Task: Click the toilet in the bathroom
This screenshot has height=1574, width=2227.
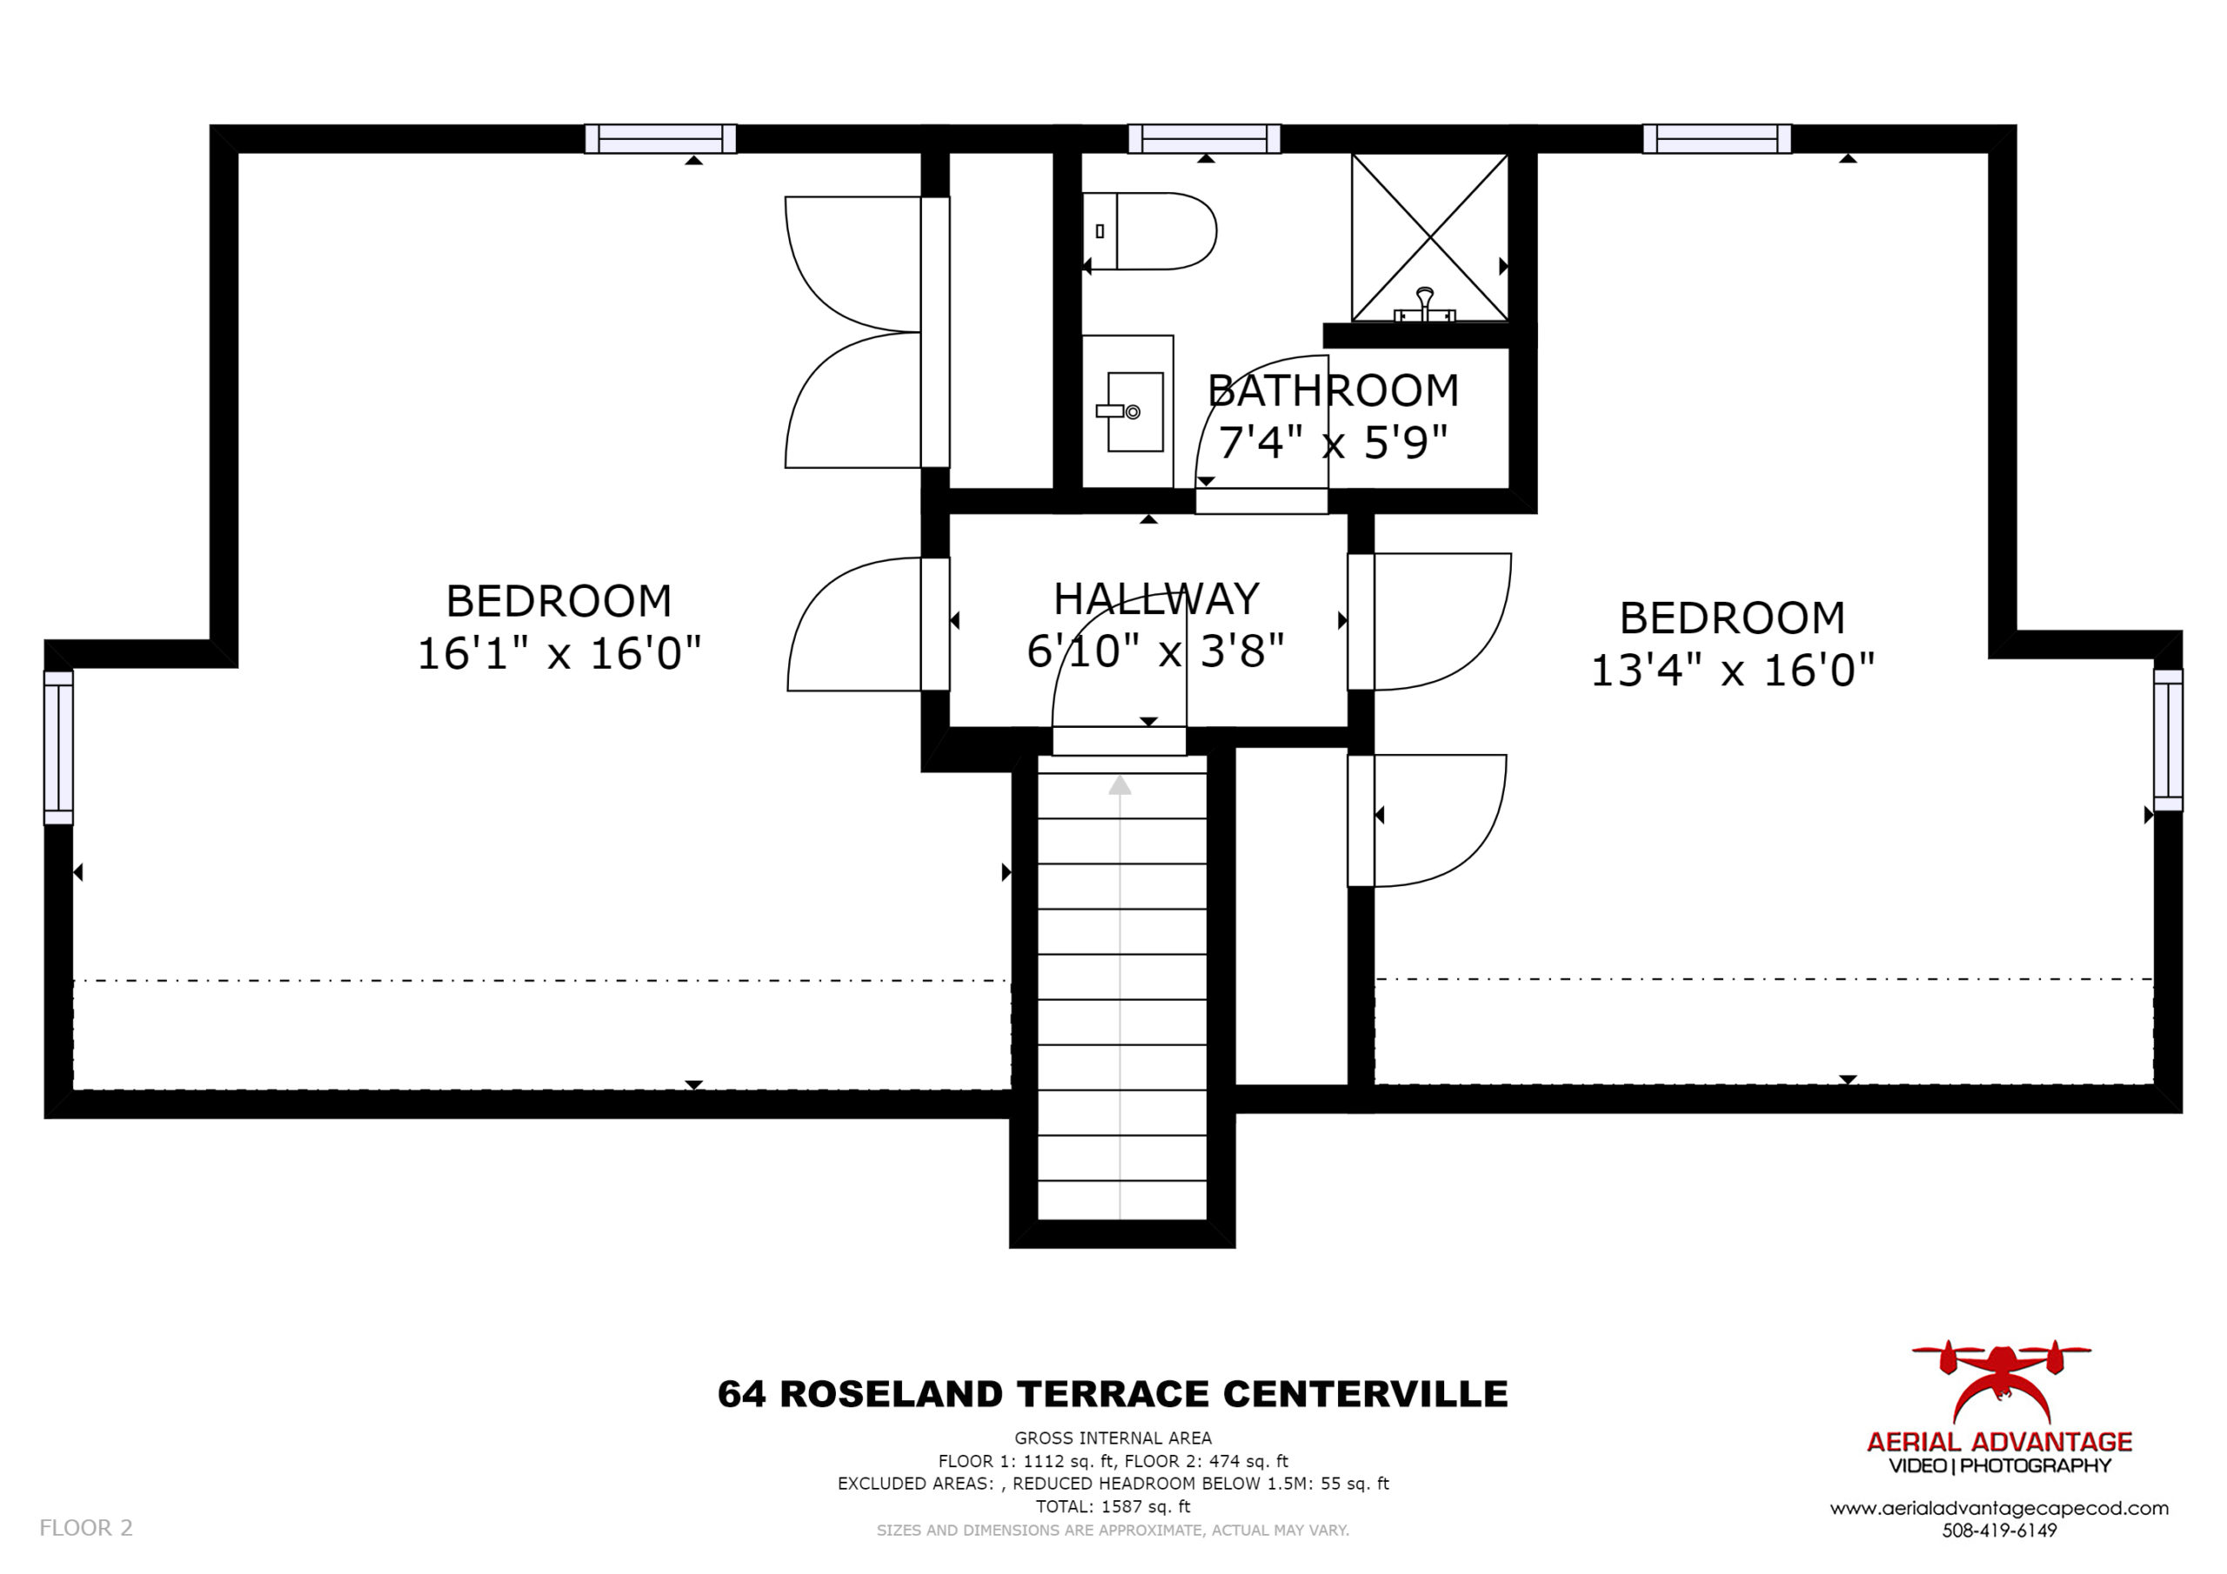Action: pyautogui.click(x=1149, y=230)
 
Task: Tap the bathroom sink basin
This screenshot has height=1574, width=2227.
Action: pyautogui.click(x=1135, y=412)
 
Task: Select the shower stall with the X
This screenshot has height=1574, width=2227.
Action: pyautogui.click(x=1429, y=237)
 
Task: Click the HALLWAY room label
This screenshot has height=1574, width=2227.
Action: pyautogui.click(x=1156, y=598)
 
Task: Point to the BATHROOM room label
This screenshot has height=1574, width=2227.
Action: pyautogui.click(x=1334, y=390)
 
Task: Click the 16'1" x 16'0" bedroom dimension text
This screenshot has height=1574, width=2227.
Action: pyautogui.click(x=558, y=653)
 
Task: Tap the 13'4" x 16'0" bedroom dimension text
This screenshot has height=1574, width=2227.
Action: pyautogui.click(x=1732, y=670)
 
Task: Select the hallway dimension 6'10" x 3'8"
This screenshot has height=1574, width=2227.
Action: pyautogui.click(x=1156, y=650)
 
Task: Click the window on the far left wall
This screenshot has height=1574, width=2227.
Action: pyautogui.click(x=58, y=747)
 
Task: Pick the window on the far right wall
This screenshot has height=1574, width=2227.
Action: pyautogui.click(x=2168, y=740)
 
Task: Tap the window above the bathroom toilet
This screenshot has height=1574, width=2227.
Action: pyautogui.click(x=1204, y=138)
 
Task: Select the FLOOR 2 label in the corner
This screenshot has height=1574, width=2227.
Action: pyautogui.click(x=85, y=1527)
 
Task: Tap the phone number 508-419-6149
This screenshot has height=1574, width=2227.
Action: pyautogui.click(x=1999, y=1531)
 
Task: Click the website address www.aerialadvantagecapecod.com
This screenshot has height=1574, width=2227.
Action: pyautogui.click(x=1999, y=1508)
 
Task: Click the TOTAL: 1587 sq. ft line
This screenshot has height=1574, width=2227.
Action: pyautogui.click(x=1113, y=1506)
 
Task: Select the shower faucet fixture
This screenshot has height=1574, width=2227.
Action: pyautogui.click(x=1425, y=304)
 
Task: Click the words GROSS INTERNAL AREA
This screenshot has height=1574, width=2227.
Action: pyautogui.click(x=1113, y=1438)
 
